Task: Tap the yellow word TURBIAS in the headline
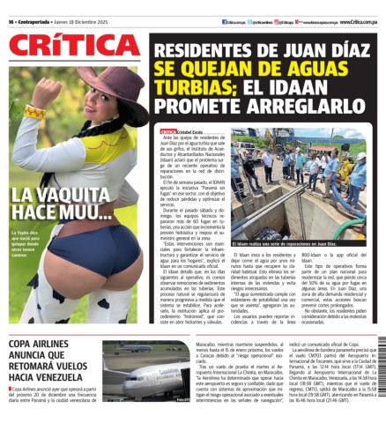coord(189,87)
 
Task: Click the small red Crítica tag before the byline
coord(168,132)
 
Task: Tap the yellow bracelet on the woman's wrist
coord(34,112)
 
